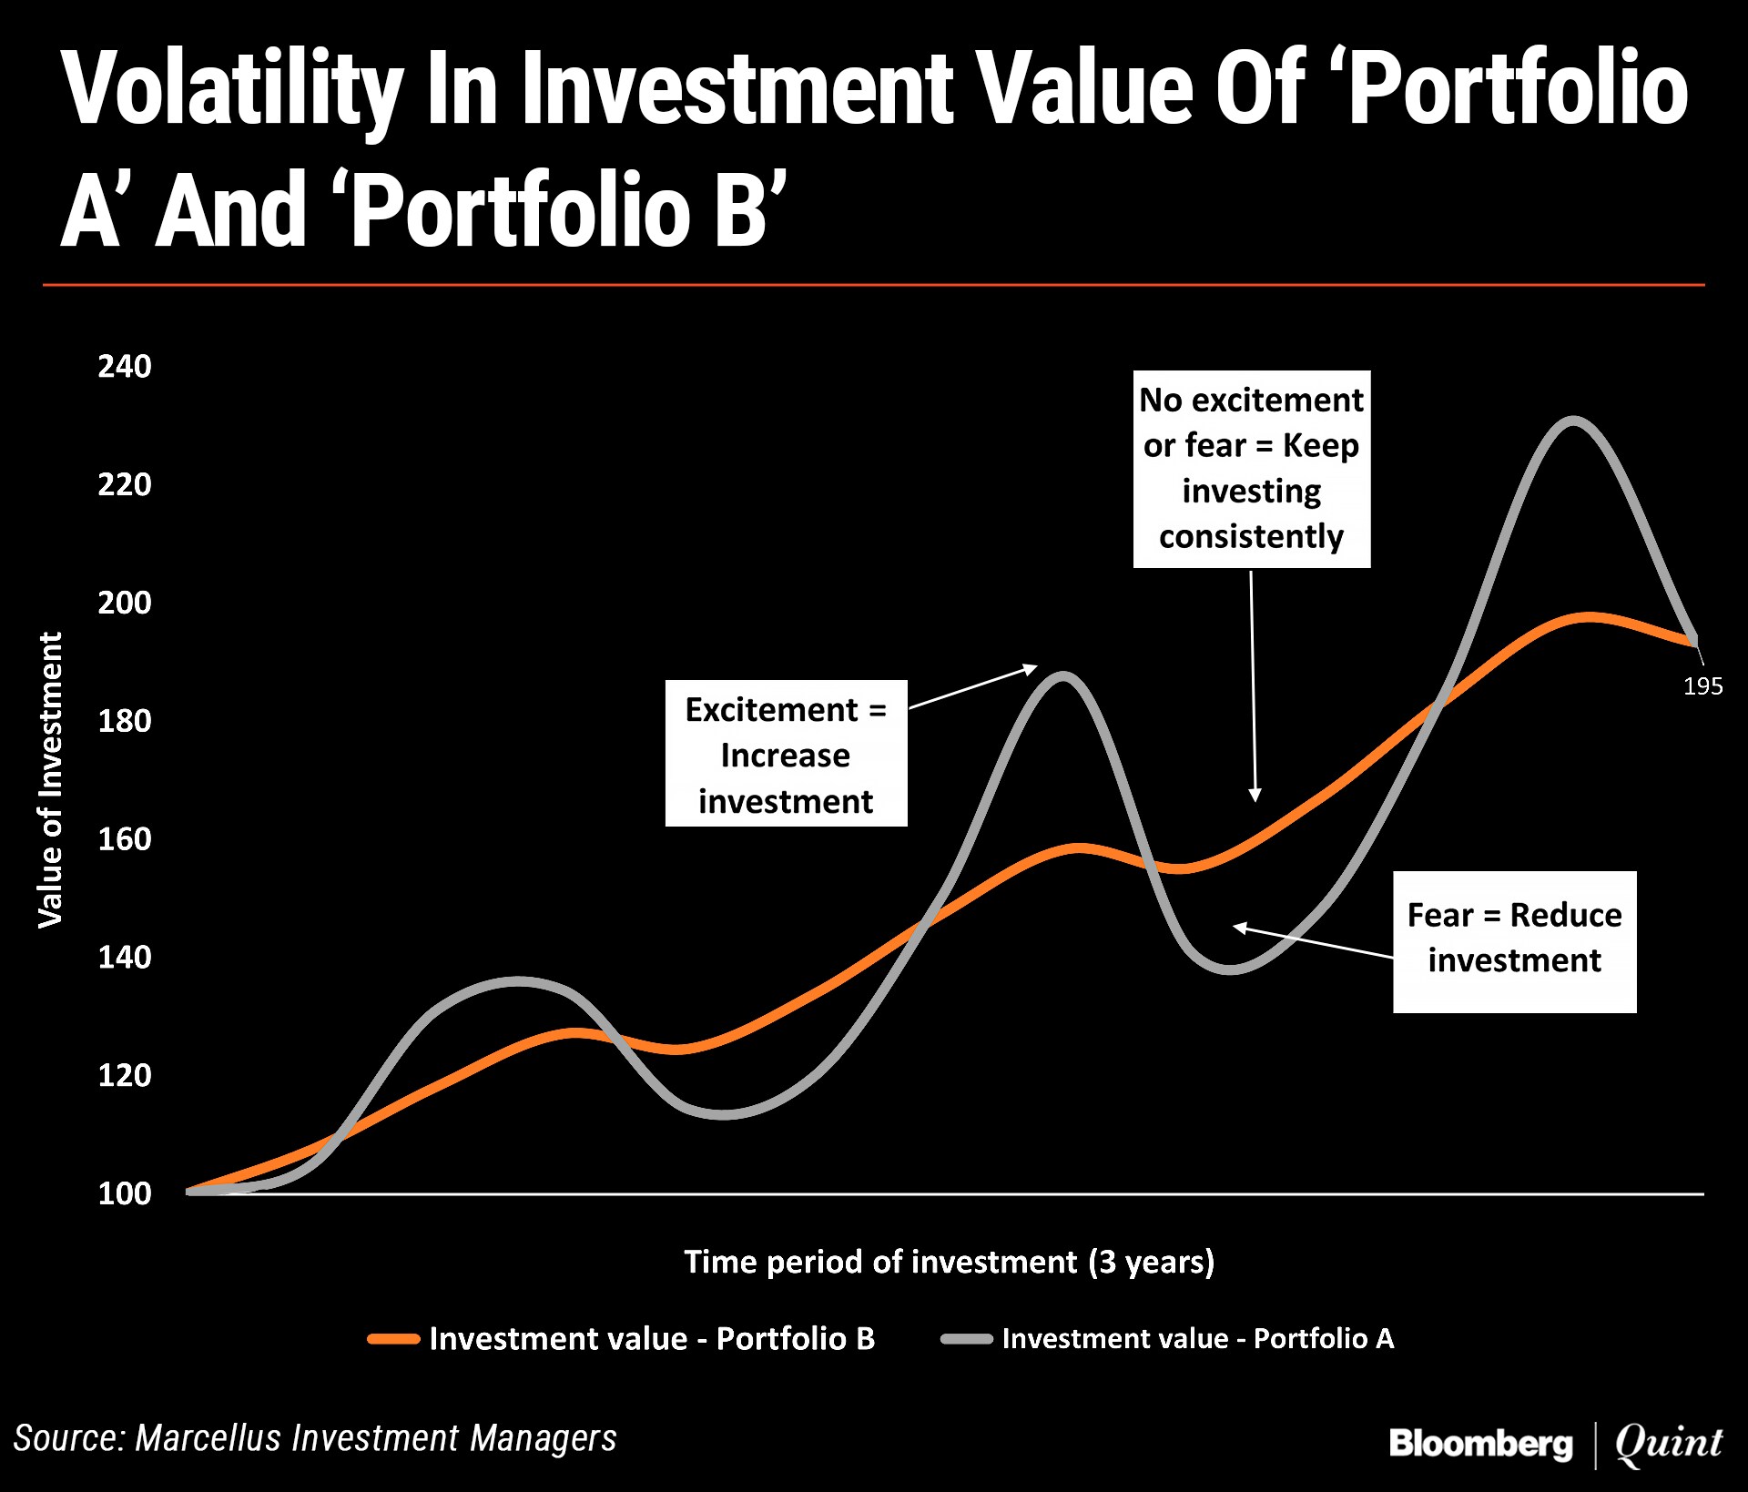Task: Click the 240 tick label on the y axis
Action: click(x=125, y=366)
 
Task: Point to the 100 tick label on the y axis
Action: click(x=125, y=1193)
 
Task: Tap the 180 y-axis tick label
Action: click(x=125, y=721)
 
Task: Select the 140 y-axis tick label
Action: click(x=125, y=957)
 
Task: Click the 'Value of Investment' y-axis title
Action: click(x=51, y=780)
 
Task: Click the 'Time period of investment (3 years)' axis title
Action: click(x=950, y=1262)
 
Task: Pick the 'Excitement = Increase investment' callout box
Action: click(x=787, y=754)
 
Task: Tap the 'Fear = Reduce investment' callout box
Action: click(x=1515, y=942)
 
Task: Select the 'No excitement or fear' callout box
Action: click(x=1252, y=469)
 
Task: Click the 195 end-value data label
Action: click(x=1702, y=686)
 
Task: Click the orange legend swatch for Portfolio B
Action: click(x=393, y=1339)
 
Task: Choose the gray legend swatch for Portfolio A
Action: click(x=967, y=1339)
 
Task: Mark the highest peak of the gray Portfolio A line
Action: click(x=1573, y=421)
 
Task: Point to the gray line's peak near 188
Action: click(x=1062, y=675)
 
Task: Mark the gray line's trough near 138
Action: click(x=1230, y=969)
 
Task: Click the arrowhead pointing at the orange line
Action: click(x=1255, y=796)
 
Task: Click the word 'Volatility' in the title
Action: click(x=233, y=88)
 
